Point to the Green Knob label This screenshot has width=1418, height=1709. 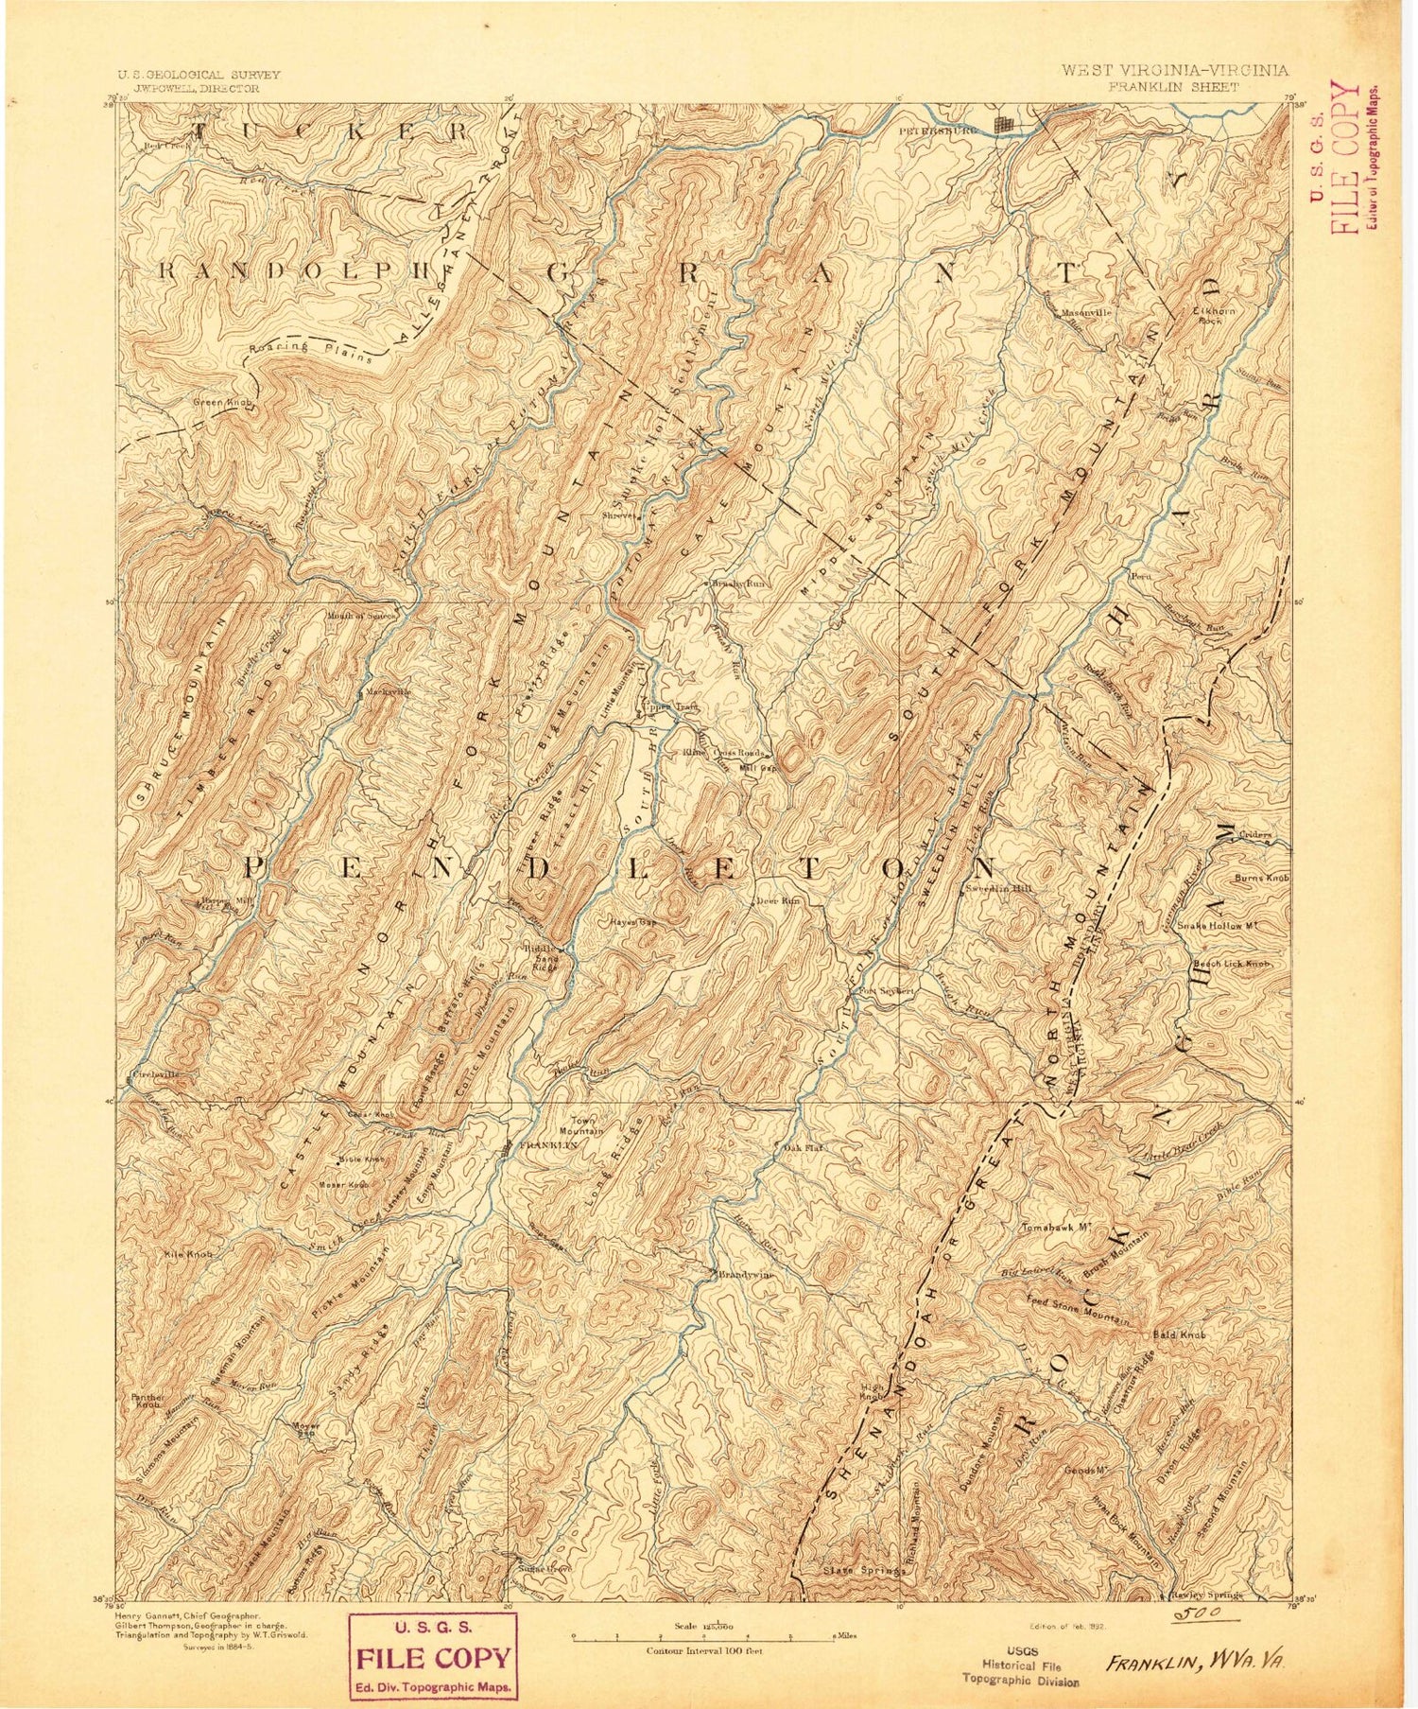click(222, 402)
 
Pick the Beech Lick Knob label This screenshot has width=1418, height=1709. click(1230, 964)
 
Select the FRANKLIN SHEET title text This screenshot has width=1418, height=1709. click(1175, 86)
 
